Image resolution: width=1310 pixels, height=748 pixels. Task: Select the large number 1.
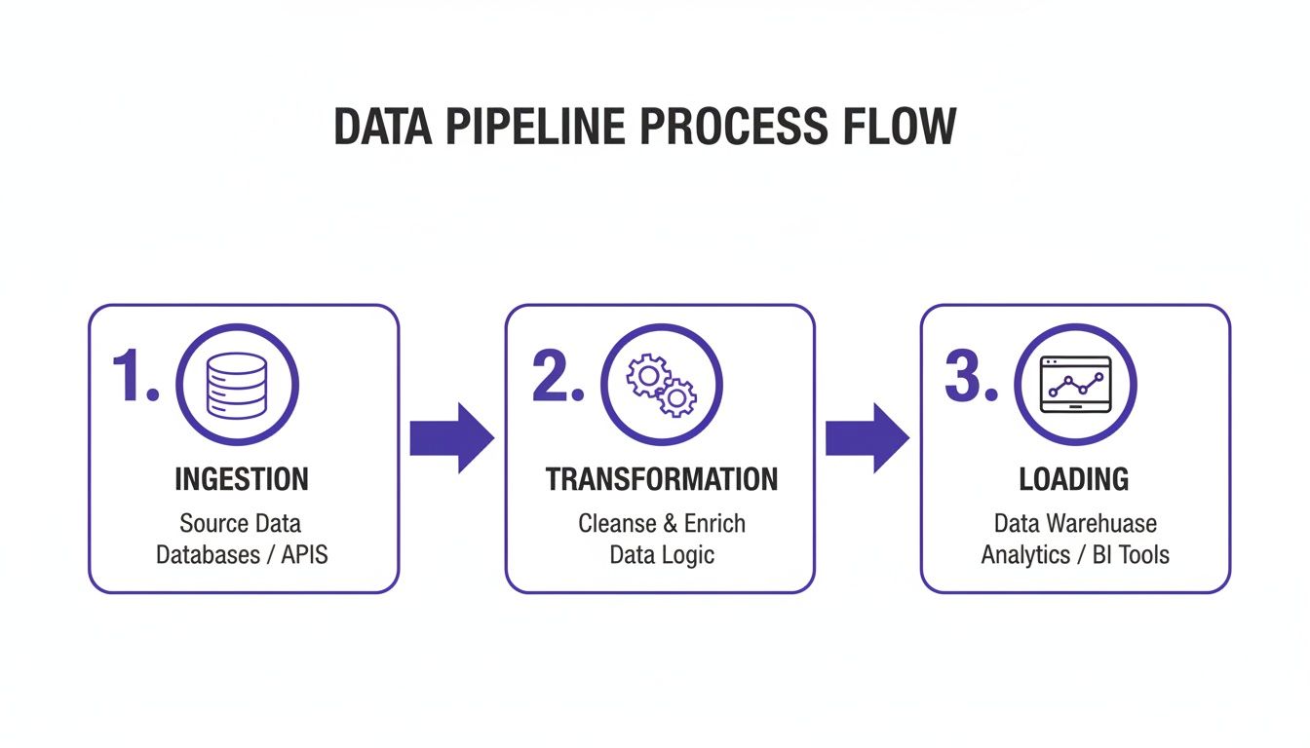[133, 377]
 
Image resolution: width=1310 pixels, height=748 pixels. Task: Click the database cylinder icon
[237, 385]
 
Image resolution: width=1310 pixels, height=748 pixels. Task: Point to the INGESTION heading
[242, 479]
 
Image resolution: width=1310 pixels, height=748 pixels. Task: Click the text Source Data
[241, 524]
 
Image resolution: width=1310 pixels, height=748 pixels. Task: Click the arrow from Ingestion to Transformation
[451, 438]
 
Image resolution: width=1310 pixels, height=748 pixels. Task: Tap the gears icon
[661, 385]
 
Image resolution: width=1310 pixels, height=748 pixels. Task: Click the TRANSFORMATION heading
[661, 479]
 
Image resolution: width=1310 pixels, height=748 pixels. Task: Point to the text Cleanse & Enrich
[661, 524]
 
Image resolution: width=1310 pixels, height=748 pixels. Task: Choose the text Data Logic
[661, 555]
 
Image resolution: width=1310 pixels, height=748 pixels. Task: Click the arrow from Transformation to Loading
[867, 438]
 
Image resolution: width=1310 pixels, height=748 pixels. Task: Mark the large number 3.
[972, 377]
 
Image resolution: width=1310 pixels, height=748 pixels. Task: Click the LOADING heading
[1074, 479]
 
